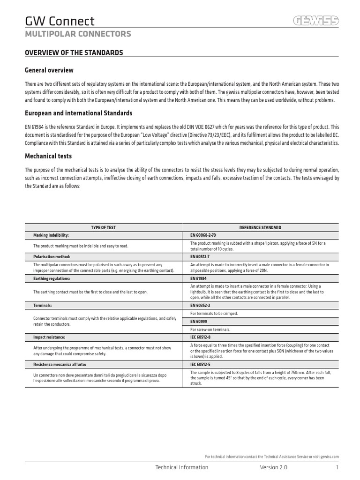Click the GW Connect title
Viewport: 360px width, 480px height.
tap(60, 21)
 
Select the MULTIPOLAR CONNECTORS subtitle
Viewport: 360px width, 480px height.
tap(78, 34)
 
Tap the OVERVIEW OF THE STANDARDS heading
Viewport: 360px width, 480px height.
tap(74, 52)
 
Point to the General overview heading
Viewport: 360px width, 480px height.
tap(49, 70)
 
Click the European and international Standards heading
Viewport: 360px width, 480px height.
tap(78, 113)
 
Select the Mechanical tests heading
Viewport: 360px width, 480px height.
tap(48, 156)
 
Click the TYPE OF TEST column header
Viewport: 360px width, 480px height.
tap(103, 227)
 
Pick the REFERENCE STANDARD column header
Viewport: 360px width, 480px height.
tap(260, 227)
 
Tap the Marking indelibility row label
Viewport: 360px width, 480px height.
tap(51, 235)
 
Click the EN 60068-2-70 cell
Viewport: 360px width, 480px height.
tap(203, 235)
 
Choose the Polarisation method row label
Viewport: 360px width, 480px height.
tap(52, 257)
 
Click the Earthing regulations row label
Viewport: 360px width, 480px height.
tap(52, 278)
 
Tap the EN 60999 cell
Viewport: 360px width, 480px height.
tap(198, 322)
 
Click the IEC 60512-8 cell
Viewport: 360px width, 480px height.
tap(201, 337)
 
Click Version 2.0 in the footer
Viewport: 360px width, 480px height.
tap(274, 467)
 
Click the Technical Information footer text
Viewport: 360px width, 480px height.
tap(181, 467)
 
